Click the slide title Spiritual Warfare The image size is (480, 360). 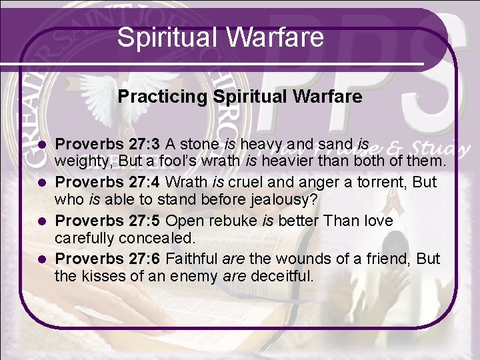coord(220,37)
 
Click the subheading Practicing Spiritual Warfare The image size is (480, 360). coord(240,97)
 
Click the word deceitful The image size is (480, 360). coord(280,276)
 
